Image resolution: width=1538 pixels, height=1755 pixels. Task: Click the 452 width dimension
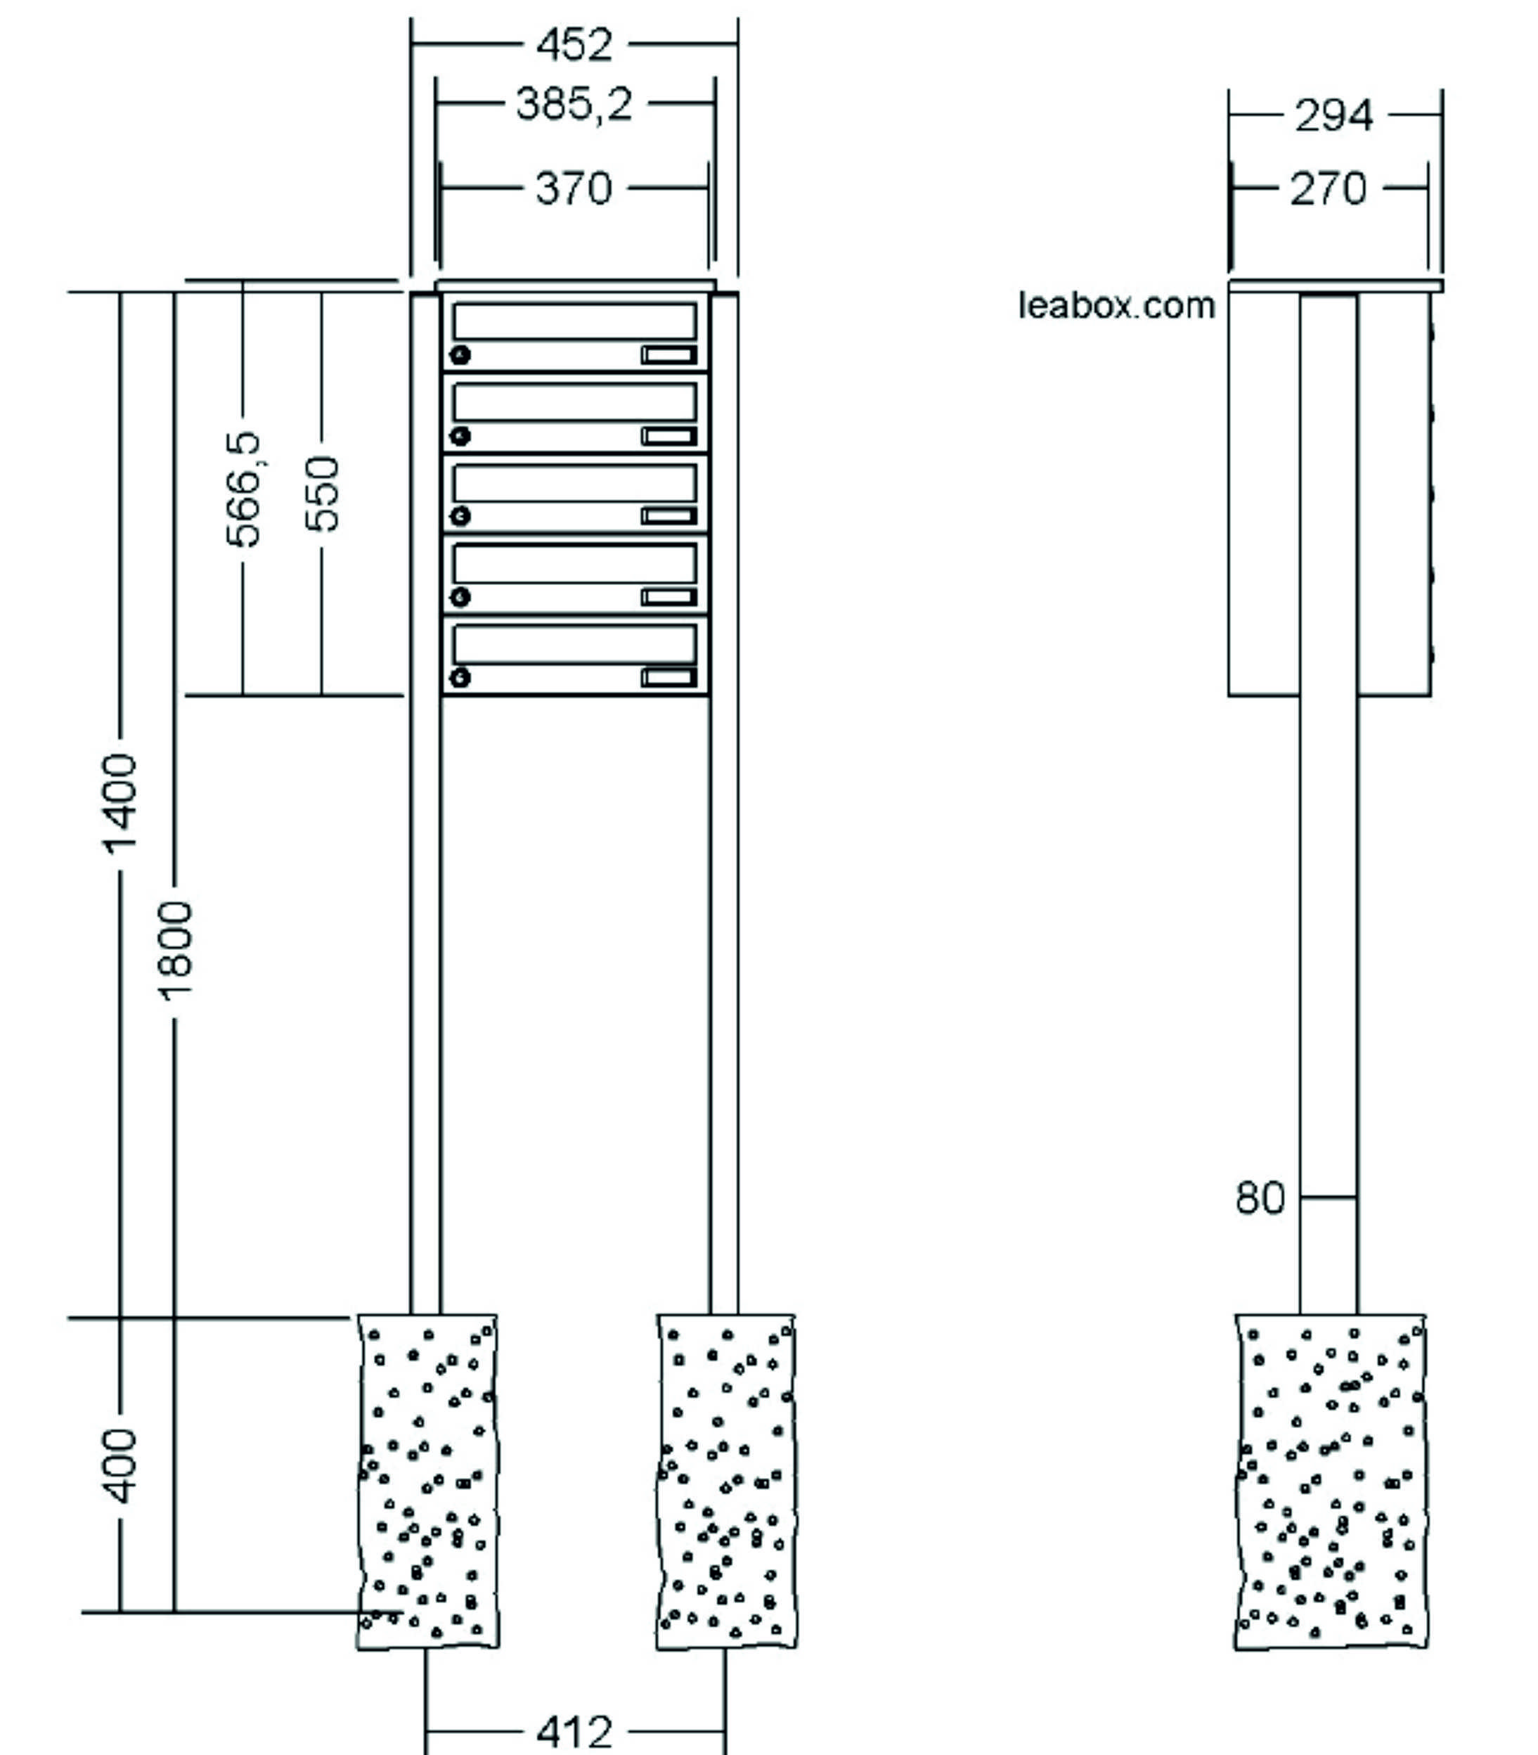click(574, 44)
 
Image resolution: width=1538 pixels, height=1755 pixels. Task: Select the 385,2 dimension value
click(574, 105)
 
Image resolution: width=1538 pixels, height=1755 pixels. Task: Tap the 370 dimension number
click(574, 188)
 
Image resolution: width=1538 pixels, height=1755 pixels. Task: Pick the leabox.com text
click(1116, 306)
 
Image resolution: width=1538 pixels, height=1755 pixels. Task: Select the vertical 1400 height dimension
click(121, 804)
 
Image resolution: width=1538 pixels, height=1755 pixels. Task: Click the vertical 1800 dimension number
click(175, 951)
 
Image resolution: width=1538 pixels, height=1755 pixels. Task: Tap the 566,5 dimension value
click(243, 489)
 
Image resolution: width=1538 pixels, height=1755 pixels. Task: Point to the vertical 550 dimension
click(323, 494)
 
